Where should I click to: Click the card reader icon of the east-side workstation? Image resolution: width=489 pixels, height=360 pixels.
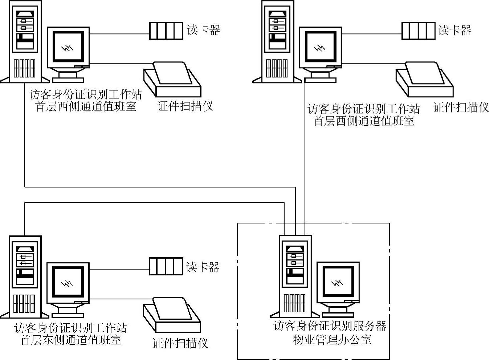pos(166,266)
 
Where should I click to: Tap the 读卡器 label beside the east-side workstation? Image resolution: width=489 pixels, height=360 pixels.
pos(203,267)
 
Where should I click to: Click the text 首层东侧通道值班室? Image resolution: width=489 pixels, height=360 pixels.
pos(71,340)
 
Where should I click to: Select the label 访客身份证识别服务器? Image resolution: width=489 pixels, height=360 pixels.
pos(330,326)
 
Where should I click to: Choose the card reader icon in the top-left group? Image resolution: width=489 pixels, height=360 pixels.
pos(166,31)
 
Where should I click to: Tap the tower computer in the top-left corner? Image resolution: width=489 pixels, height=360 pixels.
pos(25,41)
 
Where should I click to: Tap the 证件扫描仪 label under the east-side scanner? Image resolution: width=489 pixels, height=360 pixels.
pos(180,343)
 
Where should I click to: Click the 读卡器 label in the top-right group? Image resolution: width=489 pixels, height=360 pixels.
pos(455,30)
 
